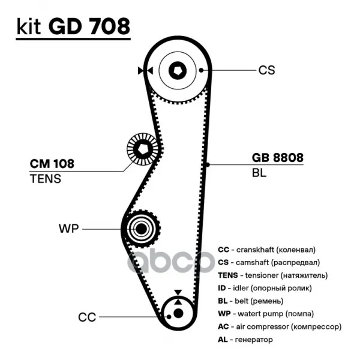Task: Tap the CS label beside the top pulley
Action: [266, 70]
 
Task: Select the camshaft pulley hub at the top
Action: [178, 70]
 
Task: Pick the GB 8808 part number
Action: [277, 158]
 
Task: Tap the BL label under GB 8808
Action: [259, 173]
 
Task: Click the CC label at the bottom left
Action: [87, 316]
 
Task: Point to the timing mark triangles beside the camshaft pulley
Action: [142, 70]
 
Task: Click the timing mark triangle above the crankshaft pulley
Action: [178, 293]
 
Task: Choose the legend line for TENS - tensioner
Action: [272, 275]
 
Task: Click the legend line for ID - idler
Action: [266, 289]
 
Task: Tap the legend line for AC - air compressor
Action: [280, 327]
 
